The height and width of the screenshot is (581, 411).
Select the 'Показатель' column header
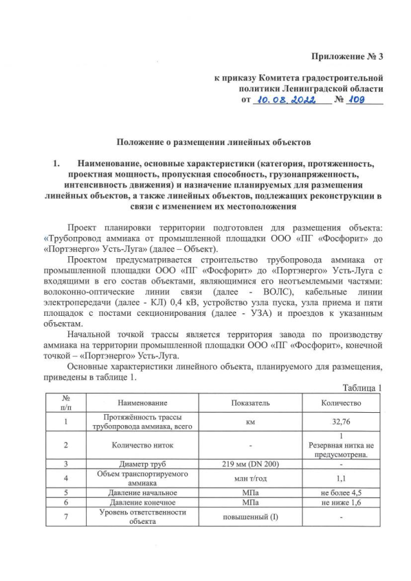click(247, 403)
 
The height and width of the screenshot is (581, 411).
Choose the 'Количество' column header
click(342, 403)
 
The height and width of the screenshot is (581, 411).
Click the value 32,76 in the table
click(342, 422)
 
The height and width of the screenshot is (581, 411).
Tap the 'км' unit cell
click(247, 422)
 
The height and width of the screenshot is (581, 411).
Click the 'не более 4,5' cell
click(342, 493)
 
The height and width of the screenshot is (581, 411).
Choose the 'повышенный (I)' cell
click(247, 518)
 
